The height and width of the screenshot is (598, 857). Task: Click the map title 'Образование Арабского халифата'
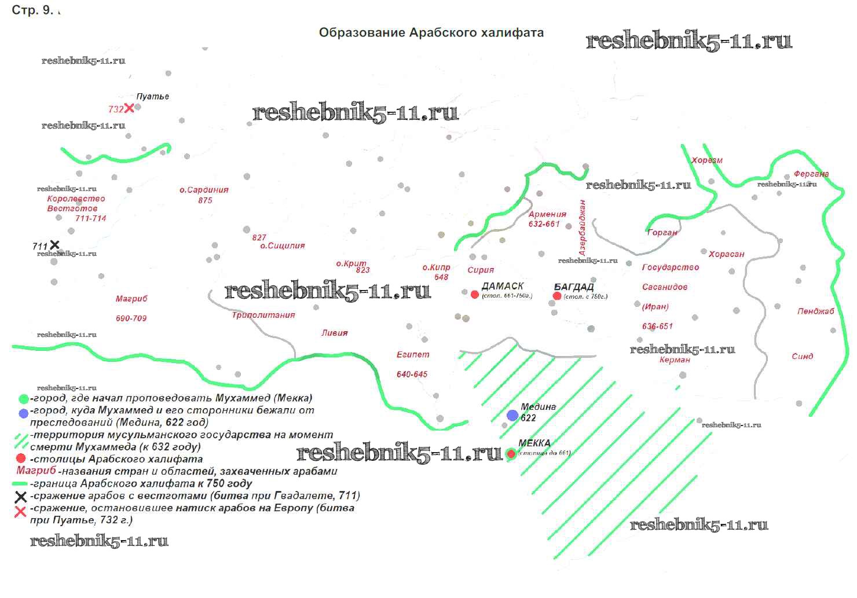[431, 33]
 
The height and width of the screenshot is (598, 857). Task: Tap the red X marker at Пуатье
[129, 108]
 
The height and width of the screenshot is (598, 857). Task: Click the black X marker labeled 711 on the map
[54, 245]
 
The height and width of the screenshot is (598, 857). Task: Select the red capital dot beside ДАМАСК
[475, 295]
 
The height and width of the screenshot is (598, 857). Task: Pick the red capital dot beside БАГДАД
[557, 296]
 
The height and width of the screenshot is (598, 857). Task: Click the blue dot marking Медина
[512, 415]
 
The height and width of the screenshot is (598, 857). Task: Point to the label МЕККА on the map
[534, 443]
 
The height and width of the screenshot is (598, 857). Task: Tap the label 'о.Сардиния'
[204, 190]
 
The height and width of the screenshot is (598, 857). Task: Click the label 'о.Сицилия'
[283, 245]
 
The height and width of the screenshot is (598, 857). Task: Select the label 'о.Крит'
[351, 263]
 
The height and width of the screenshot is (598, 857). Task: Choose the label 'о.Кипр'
[436, 267]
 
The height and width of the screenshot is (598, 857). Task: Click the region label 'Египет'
[413, 354]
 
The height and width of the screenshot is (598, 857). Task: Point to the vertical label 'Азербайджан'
[583, 228]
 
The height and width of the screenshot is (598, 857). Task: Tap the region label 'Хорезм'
[707, 160]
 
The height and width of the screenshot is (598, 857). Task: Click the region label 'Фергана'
[811, 174]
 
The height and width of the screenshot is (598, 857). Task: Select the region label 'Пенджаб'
[815, 311]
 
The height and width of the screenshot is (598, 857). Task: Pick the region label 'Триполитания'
[263, 315]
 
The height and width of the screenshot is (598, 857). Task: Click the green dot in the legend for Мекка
[23, 399]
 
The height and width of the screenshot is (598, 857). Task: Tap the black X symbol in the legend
[20, 497]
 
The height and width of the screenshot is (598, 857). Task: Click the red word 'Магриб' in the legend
[36, 471]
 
